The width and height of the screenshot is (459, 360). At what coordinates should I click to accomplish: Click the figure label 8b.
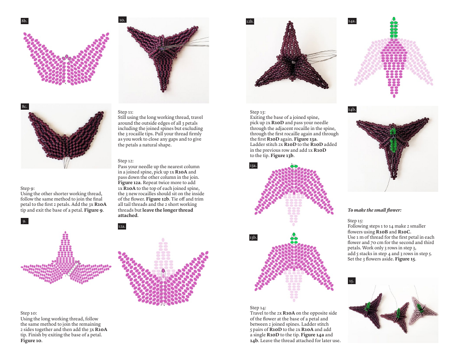[x=25, y=21]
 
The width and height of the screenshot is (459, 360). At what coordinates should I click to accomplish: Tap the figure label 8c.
[x=25, y=106]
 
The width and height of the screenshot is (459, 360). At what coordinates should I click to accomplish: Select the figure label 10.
[x=122, y=20]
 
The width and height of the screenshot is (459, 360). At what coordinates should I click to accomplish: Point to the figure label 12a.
[x=122, y=226]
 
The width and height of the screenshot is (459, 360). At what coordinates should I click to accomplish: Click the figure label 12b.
[x=250, y=21]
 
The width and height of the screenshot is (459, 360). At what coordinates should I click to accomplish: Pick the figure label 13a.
[x=253, y=165]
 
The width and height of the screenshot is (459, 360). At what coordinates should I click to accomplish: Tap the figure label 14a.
[x=352, y=21]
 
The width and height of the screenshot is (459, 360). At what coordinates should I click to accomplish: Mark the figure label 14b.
[x=352, y=110]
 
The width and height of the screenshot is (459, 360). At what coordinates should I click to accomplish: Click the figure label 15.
[x=352, y=281]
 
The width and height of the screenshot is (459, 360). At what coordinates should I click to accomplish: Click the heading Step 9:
[x=28, y=188]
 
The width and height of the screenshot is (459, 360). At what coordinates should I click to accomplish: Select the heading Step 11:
[x=126, y=112]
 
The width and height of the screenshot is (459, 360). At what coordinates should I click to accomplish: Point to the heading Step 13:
[x=258, y=112]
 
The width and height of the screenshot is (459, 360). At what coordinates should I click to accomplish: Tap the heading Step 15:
[x=356, y=221]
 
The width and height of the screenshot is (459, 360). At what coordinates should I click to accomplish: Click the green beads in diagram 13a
[x=294, y=167]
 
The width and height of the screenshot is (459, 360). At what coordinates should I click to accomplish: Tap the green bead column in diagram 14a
[x=394, y=28]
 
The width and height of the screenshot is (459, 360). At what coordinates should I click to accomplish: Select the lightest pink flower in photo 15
[x=423, y=311]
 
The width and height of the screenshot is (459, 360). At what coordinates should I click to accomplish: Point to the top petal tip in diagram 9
[x=65, y=233]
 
